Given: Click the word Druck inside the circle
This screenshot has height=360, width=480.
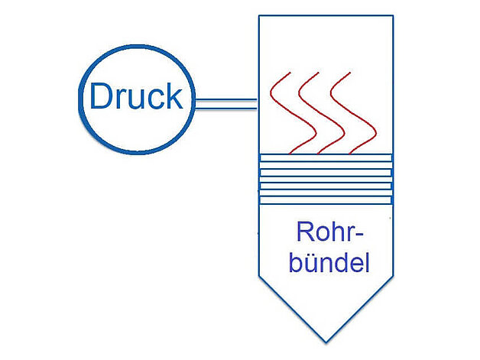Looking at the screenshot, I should [136, 97].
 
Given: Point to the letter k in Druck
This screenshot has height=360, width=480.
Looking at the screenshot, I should [174, 96].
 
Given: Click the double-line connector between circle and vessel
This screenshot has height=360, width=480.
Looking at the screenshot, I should [226, 103].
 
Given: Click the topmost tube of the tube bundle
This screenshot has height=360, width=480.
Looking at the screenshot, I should [326, 157].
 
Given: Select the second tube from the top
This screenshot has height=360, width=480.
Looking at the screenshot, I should [326, 171].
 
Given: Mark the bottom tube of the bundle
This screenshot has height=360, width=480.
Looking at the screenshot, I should [326, 199].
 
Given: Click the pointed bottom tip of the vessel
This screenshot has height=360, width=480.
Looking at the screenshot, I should [326, 340].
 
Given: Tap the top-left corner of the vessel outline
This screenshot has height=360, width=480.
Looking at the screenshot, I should [260, 16].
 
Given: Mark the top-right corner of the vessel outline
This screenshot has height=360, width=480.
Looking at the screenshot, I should [393, 16].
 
